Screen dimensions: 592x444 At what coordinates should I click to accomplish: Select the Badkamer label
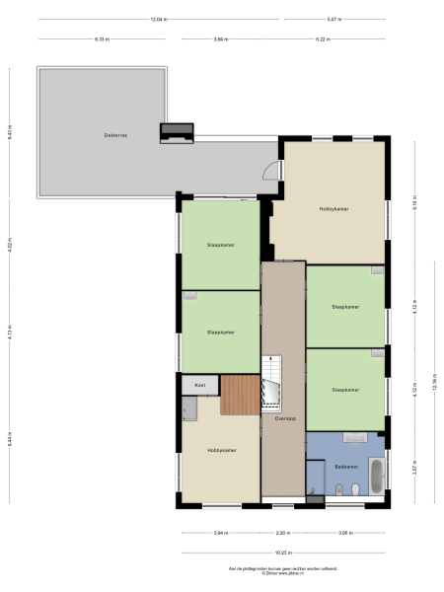(344, 467)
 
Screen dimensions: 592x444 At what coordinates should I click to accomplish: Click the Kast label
(198, 385)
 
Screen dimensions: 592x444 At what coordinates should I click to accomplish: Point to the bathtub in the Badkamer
(376, 476)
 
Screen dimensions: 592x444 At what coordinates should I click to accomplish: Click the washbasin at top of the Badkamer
(353, 437)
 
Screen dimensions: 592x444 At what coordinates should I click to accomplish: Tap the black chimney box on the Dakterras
(177, 133)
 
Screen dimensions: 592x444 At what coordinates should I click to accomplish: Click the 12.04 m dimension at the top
(158, 19)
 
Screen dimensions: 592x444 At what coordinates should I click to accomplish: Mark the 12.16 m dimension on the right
(434, 385)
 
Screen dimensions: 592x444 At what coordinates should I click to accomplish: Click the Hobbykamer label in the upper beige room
(333, 209)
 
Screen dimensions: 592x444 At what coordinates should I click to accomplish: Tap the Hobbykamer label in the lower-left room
(221, 450)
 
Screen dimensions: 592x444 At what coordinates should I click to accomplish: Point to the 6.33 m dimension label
(102, 39)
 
